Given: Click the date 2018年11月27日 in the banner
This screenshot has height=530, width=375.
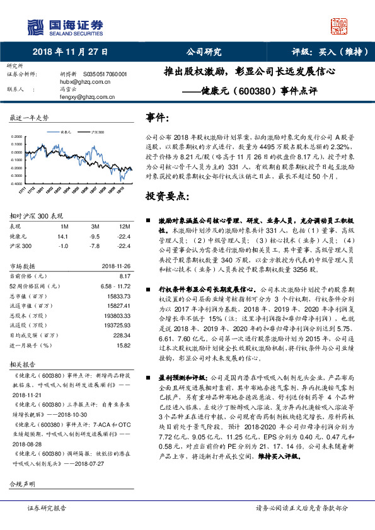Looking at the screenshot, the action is [70, 52].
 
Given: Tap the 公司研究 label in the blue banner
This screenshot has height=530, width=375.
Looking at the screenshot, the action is [203, 52].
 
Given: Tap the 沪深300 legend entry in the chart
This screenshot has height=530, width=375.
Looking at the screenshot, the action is [96, 133].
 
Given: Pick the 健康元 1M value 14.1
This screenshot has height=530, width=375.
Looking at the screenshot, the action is [62, 235].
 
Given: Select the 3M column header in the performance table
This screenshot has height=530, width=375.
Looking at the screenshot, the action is [96, 226].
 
